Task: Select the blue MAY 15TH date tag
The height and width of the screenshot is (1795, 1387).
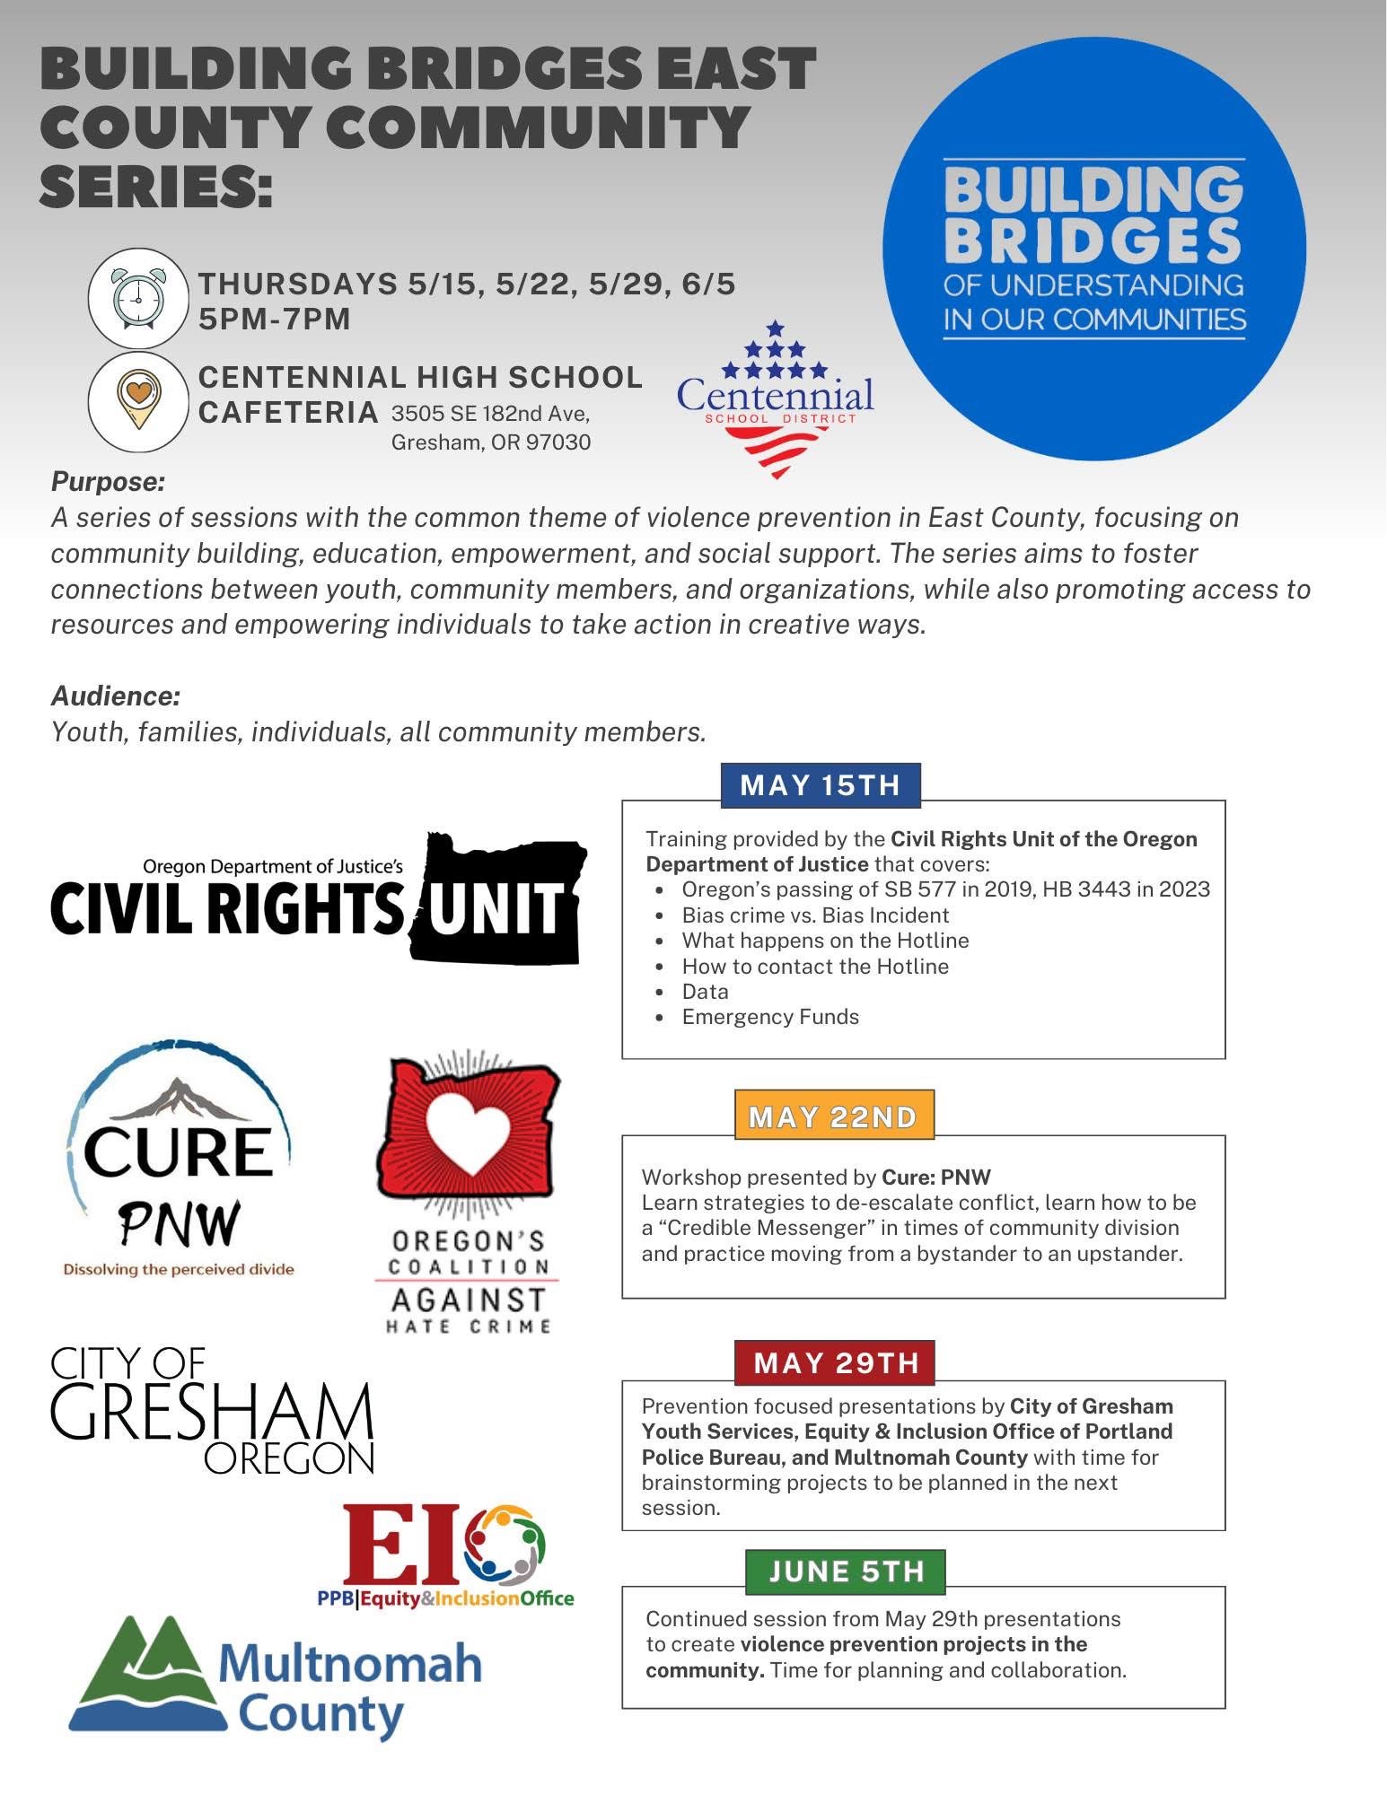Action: (820, 785)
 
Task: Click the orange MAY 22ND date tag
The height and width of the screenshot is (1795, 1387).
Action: (833, 1116)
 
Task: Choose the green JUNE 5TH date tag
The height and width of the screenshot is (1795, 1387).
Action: (846, 1571)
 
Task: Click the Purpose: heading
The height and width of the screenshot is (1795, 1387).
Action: (108, 482)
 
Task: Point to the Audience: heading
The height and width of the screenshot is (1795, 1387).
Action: (116, 696)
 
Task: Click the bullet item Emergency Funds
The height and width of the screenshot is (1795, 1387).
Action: (769, 1017)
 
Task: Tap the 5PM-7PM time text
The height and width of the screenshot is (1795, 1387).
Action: (275, 319)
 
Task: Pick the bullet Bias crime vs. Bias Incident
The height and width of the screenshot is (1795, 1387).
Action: (814, 915)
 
